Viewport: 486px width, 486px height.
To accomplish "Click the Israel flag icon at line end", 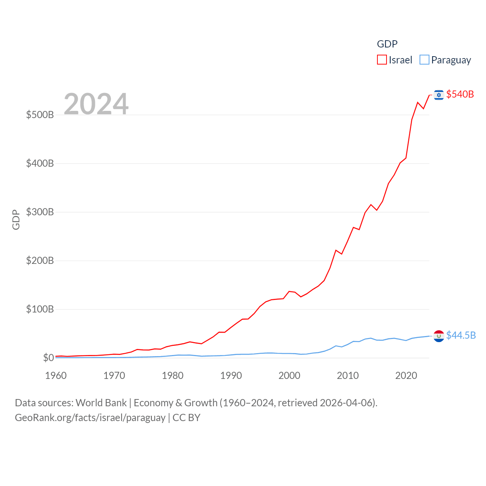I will coord(439,95).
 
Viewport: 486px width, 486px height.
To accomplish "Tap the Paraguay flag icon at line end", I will coord(439,336).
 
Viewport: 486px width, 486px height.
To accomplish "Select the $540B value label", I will coord(460,94).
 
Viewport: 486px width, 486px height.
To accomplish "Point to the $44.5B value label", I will coord(461,335).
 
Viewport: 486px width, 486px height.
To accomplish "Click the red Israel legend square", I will coord(382,60).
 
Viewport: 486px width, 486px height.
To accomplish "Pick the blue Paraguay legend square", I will coord(424,60).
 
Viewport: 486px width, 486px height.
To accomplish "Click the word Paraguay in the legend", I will coord(451,60).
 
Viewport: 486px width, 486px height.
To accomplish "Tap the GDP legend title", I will coord(387,44).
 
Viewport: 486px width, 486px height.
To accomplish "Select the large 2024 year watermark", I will coord(96,104).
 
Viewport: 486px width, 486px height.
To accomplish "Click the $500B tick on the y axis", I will coord(40,115).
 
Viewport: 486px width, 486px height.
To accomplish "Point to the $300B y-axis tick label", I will coord(40,212).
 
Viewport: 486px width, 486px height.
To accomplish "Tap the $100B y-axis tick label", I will coord(40,309).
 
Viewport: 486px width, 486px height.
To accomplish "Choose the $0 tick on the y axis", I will coord(48,358).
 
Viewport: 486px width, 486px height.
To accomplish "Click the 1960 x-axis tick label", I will coord(56,376).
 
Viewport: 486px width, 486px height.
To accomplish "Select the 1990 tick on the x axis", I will coord(231,376).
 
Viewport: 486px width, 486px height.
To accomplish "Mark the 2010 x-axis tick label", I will coord(348,376).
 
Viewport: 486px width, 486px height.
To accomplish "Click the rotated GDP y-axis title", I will coord(16,219).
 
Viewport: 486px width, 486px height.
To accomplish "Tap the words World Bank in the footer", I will coord(101,402).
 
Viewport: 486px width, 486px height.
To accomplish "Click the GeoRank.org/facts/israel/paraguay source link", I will coord(90,418).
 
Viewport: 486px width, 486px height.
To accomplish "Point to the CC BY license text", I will coord(186,418).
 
